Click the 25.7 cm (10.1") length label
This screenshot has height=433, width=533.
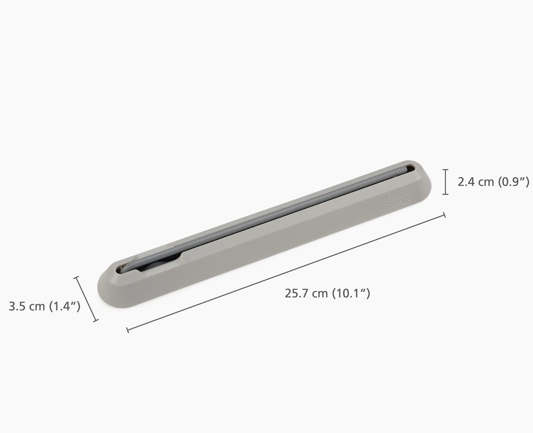tap(327, 294)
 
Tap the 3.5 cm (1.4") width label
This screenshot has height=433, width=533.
tap(45, 306)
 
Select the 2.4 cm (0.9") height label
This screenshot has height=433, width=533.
tap(493, 182)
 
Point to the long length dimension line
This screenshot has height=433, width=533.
tap(286, 273)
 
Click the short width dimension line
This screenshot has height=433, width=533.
tap(86, 299)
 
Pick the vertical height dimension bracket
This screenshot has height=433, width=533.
tap(445, 182)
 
